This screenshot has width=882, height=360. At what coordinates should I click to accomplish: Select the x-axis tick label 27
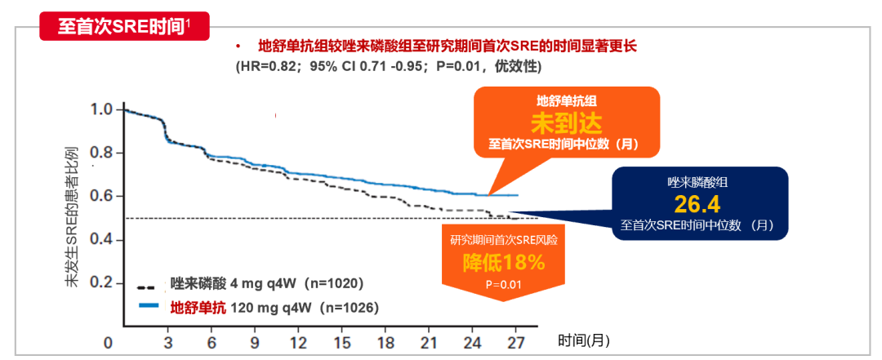[515, 340]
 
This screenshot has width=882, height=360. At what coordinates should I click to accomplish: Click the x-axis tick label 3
[167, 340]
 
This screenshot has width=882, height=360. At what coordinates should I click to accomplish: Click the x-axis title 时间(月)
[584, 340]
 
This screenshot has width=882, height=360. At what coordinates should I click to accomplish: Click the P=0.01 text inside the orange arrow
[504, 284]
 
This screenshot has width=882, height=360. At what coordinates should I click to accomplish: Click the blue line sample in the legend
[148, 307]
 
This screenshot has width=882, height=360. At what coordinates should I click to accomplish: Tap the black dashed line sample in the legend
[148, 286]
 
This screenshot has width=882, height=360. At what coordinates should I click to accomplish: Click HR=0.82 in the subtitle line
[269, 65]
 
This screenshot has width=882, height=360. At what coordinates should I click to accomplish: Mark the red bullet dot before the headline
[238, 47]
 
